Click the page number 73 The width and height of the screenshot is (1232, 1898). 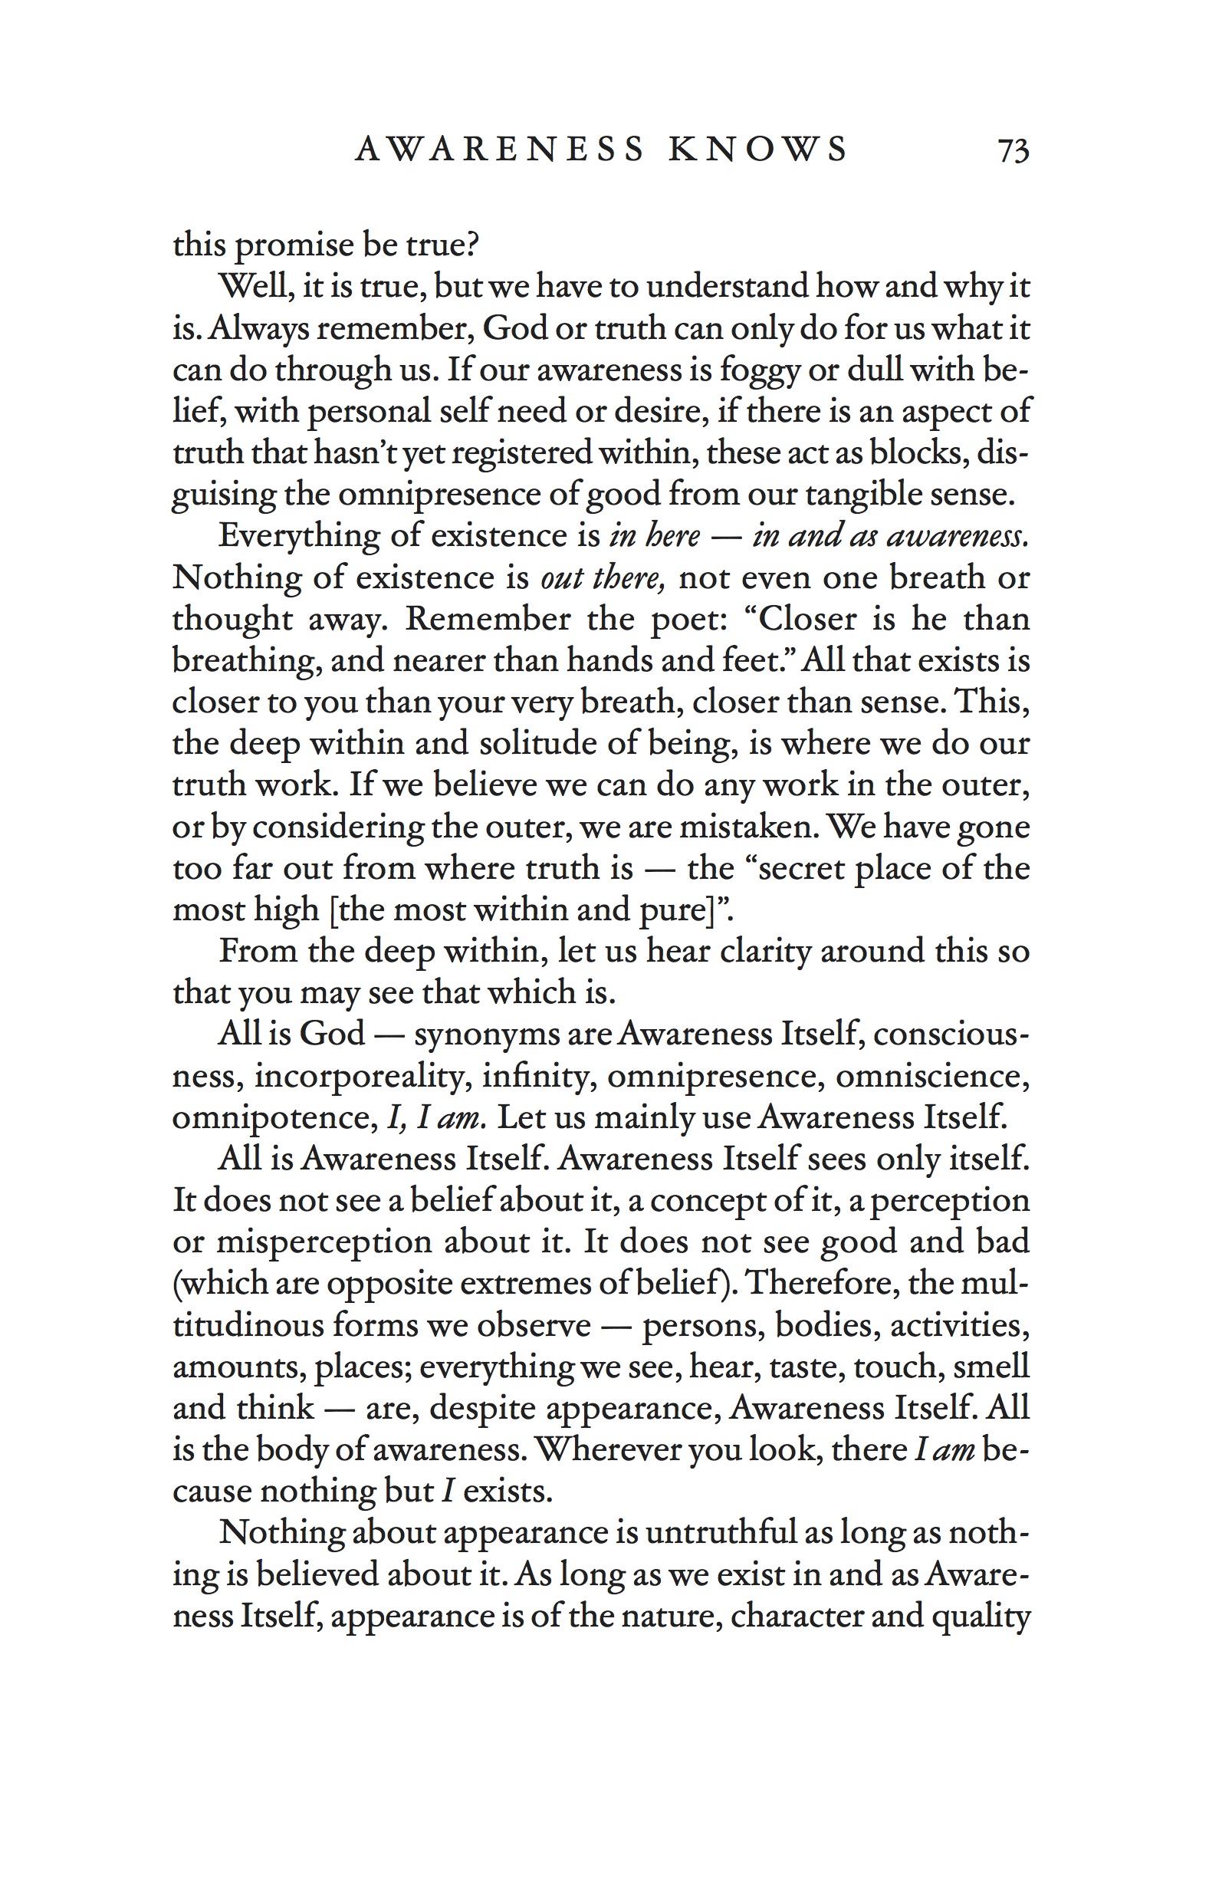pos(1013,150)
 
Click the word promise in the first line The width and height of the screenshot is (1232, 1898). pos(293,245)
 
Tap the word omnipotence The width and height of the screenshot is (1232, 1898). pos(272,1117)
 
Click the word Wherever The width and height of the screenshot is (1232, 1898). pos(605,1450)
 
